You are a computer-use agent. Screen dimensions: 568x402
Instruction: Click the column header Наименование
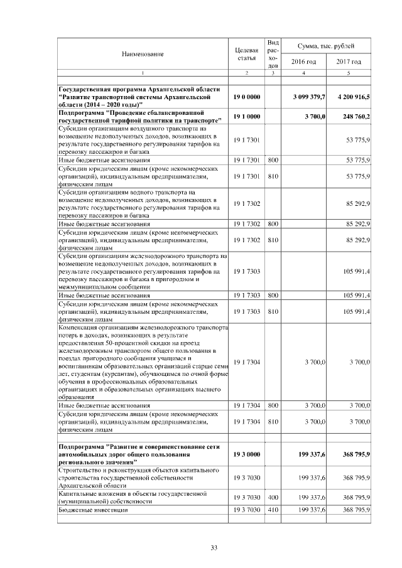(x=143, y=54)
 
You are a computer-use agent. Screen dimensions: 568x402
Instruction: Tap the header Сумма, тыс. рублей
(x=327, y=46)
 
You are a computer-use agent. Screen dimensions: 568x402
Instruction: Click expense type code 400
(x=273, y=497)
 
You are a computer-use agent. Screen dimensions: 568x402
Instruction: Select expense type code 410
(x=273, y=510)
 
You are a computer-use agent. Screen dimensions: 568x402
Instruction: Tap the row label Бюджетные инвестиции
(x=92, y=510)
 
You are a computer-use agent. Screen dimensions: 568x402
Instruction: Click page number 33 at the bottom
(x=214, y=549)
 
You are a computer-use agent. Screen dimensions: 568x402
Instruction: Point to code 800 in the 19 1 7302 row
(x=273, y=223)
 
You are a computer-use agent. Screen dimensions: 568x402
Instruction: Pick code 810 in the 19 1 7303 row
(x=273, y=311)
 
